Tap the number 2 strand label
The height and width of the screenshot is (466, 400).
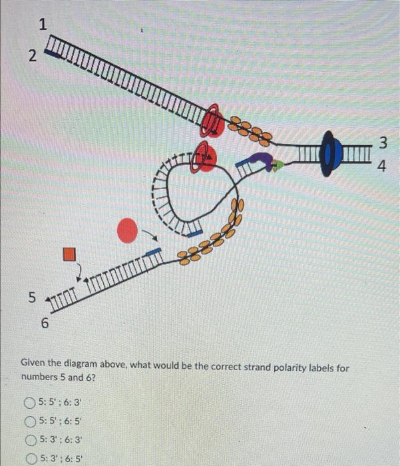[x=31, y=56]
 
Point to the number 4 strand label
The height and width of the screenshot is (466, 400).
[x=381, y=166]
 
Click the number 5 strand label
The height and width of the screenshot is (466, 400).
[x=31, y=297]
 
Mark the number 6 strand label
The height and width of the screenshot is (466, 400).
[x=44, y=324]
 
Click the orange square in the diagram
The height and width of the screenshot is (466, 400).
[x=70, y=254]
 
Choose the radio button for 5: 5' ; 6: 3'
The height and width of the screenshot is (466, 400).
[x=29, y=402]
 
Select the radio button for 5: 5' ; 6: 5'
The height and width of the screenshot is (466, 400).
[x=29, y=421]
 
